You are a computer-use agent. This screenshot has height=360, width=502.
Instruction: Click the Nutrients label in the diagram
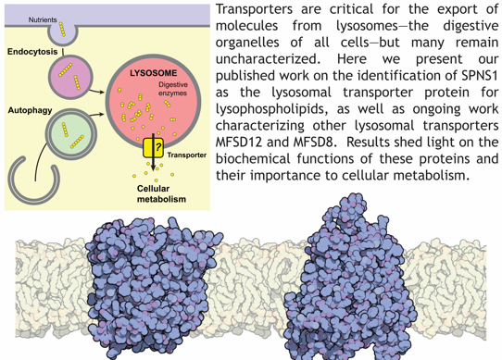[x=43, y=19]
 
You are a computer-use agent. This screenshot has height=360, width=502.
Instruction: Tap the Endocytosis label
[x=32, y=52]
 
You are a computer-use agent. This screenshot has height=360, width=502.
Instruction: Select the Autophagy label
[x=30, y=110]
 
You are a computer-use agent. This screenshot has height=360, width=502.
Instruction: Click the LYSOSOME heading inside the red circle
[x=154, y=73]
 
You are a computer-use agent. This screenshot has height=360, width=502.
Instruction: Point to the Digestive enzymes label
[x=173, y=89]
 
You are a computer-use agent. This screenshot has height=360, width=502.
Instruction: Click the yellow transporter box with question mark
[x=154, y=148]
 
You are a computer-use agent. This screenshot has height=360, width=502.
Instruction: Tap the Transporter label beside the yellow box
[x=187, y=155]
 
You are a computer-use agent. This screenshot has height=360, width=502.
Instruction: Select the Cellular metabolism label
[x=161, y=194]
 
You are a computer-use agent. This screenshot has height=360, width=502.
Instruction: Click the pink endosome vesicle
[x=70, y=77]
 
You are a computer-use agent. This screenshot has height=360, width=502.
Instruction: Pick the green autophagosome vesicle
[x=71, y=134]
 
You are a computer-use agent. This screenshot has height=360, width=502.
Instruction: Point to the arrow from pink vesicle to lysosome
[x=96, y=92]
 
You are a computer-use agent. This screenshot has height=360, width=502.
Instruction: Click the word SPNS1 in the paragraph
[x=480, y=76]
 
